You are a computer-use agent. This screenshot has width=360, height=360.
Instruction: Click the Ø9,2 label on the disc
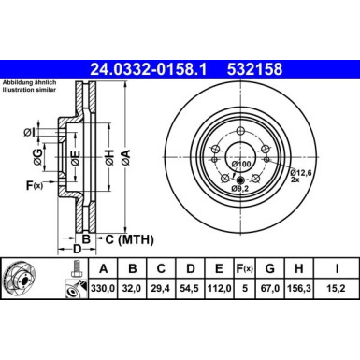click(x=241, y=191)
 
